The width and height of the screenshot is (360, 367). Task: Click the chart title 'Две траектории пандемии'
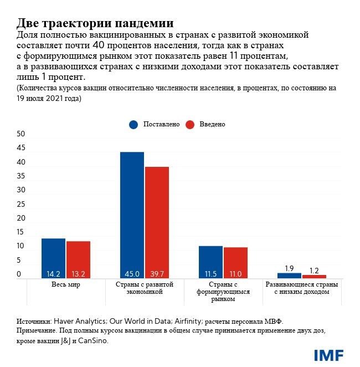pyautogui.click(x=95, y=23)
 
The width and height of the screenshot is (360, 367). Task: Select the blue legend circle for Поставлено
pyautogui.click(x=133, y=124)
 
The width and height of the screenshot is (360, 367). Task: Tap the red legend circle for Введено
pyautogui.click(x=189, y=124)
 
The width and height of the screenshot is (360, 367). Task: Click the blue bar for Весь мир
pyautogui.click(x=53, y=258)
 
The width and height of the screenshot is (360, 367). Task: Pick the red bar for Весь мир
pyautogui.click(x=78, y=259)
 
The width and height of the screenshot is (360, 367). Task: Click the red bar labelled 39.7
pyautogui.click(x=157, y=222)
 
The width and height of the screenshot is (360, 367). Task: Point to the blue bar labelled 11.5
pyautogui.click(x=210, y=262)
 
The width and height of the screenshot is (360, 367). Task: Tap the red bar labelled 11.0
pyautogui.click(x=235, y=262)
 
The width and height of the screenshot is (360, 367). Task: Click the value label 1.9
pyautogui.click(x=289, y=268)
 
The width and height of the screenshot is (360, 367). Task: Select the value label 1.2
pyautogui.click(x=314, y=271)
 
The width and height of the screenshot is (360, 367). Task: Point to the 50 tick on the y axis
pyautogui.click(x=21, y=134)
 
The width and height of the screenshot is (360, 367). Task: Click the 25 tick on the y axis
pyautogui.click(x=21, y=204)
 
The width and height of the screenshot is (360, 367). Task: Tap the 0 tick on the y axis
pyautogui.click(x=19, y=274)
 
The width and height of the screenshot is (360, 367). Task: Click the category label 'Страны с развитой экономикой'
pyautogui.click(x=145, y=288)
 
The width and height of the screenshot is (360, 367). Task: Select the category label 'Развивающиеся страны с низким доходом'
pyautogui.click(x=301, y=288)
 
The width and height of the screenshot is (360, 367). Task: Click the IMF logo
pyautogui.click(x=328, y=355)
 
